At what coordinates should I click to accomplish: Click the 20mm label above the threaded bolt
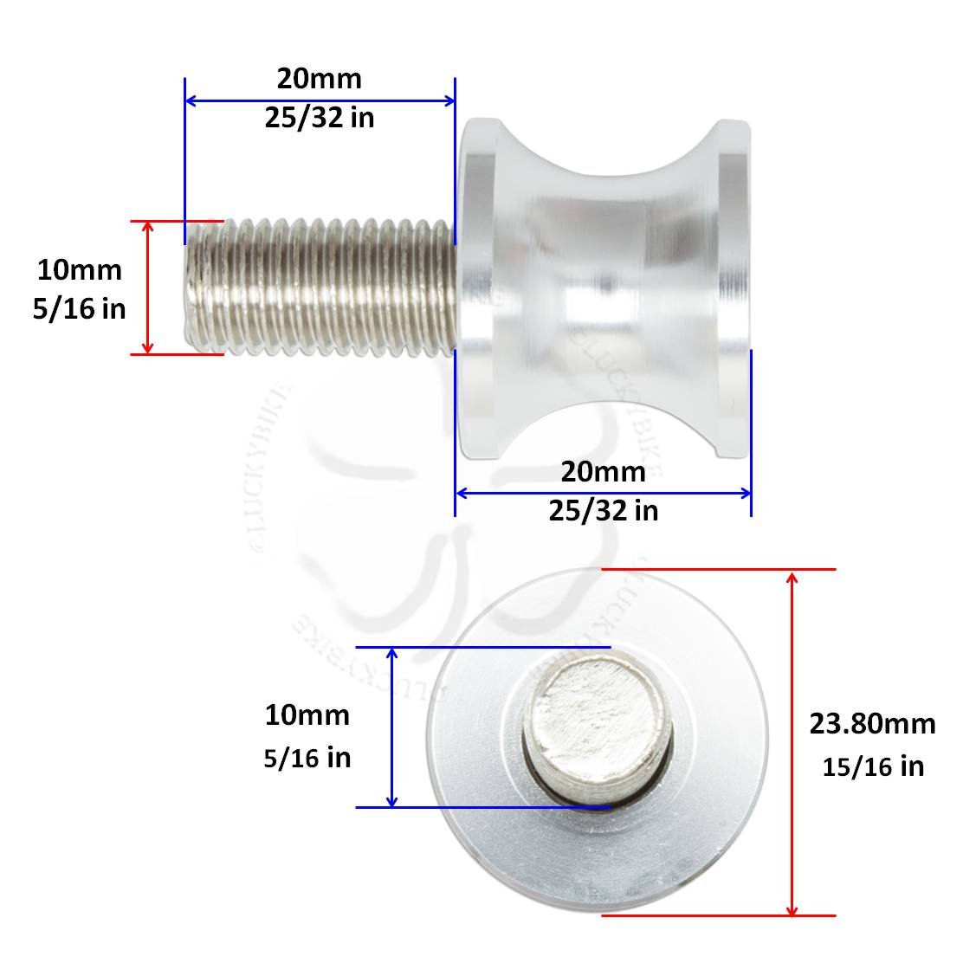319,79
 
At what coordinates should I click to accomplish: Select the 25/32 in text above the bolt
319,118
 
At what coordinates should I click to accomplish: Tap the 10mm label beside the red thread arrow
79,270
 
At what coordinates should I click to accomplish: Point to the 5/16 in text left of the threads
79,308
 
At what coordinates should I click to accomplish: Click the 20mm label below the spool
603,472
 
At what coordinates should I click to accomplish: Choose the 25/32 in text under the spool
603,511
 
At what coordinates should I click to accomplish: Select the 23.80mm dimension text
872,723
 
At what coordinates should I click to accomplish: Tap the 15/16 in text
872,766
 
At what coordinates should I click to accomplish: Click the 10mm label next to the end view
307,715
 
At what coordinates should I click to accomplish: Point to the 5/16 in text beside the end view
307,757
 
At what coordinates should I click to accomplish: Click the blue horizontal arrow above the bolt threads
320,100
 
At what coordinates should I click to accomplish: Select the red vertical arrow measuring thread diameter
148,288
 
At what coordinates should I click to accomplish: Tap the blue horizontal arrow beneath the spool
603,493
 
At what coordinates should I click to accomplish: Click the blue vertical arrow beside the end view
392,727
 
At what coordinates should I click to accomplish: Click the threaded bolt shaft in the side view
320,288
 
